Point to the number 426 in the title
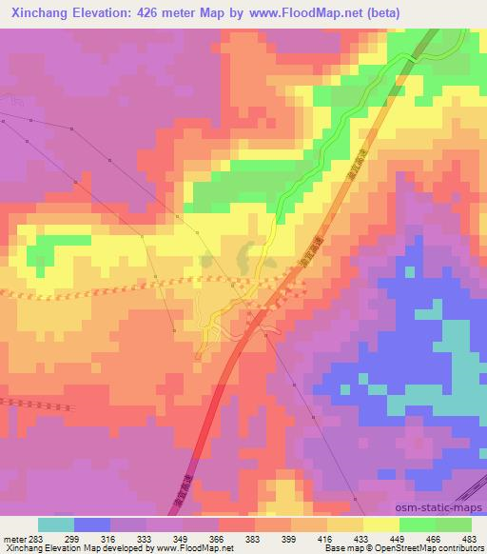[x=159, y=12]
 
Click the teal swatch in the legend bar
[x=56, y=524]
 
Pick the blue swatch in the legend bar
[x=92, y=524]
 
